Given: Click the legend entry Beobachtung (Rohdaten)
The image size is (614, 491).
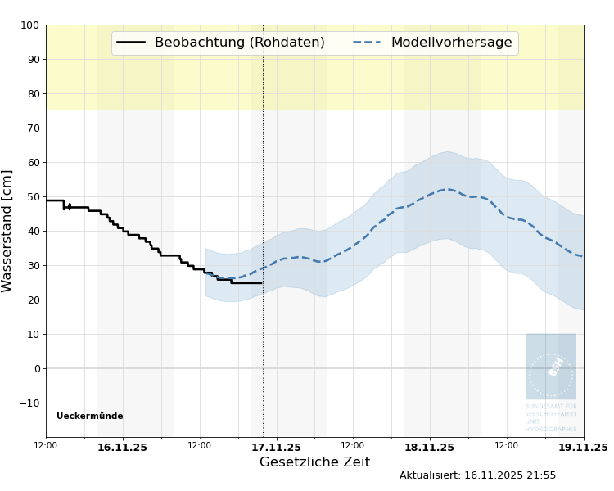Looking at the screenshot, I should (x=239, y=43).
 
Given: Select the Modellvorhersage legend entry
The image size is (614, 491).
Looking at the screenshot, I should (x=451, y=43).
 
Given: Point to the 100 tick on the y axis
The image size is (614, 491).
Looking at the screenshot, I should (x=29, y=25).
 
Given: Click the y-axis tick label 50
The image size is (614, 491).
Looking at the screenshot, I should (x=33, y=197).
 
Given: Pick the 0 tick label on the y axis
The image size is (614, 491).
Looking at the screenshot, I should (x=36, y=369).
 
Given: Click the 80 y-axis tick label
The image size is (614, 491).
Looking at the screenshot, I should (x=33, y=94).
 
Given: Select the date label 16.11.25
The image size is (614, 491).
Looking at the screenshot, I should (x=122, y=448).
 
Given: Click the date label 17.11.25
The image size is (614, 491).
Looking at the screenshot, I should (x=276, y=448).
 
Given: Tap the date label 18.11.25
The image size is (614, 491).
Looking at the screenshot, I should (x=429, y=448).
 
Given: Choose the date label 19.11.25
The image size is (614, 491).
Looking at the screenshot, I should (x=582, y=448).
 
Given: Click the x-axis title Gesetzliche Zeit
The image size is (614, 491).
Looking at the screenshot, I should (x=314, y=462).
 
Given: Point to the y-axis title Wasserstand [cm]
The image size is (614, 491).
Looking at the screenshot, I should (x=8, y=231).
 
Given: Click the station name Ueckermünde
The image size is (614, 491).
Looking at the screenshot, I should (x=89, y=417).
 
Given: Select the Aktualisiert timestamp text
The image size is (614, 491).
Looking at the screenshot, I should (x=477, y=475).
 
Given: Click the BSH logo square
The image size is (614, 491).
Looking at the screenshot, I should (x=551, y=366).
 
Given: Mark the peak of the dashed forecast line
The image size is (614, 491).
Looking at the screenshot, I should (x=447, y=189).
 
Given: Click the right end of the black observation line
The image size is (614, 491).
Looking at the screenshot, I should (x=262, y=283).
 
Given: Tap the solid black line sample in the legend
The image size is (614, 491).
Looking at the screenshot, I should (x=131, y=43).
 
